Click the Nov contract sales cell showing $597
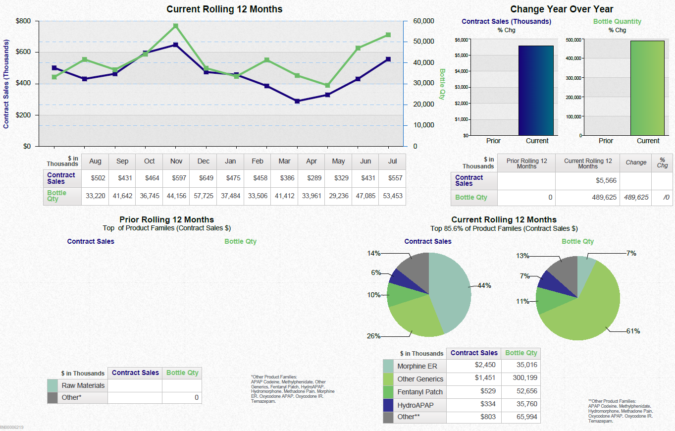coord(176,178)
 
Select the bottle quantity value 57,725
coord(203,196)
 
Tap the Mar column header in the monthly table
coord(284,162)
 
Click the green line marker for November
coord(176,26)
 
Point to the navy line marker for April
coord(297,101)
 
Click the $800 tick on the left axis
coord(23,21)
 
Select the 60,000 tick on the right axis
coord(423,21)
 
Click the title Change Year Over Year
coord(562,9)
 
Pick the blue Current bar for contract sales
coord(536,90)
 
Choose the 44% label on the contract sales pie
coord(484,285)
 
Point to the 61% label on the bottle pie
coord(633,331)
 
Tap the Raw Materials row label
coord(83,385)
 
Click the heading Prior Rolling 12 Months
coord(166,219)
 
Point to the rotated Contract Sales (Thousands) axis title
coord(6,84)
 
